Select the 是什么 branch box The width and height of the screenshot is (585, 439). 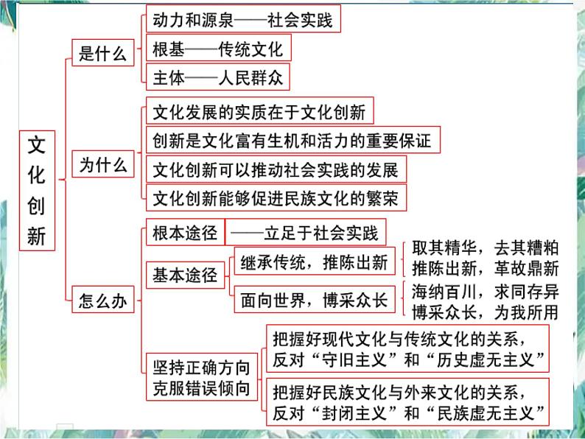[x=103, y=53]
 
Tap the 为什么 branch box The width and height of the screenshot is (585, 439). [x=103, y=165]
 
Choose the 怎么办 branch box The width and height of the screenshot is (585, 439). [x=103, y=301]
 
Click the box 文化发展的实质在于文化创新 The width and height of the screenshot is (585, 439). [x=259, y=113]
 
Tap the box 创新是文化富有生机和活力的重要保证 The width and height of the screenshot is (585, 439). [x=292, y=140]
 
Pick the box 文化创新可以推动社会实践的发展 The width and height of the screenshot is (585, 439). [x=275, y=169]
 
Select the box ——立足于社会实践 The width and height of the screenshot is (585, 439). [x=306, y=233]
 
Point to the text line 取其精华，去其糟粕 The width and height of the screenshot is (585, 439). [x=484, y=248]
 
